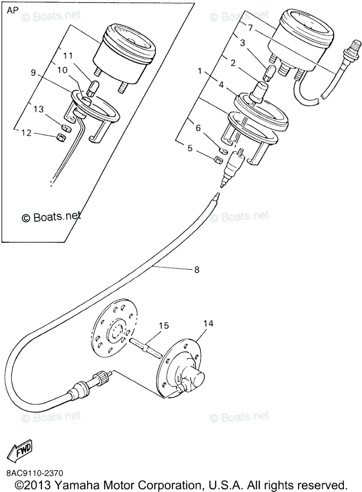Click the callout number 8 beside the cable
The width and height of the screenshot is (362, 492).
[x=197, y=269]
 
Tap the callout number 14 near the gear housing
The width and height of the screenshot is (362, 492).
[x=208, y=323]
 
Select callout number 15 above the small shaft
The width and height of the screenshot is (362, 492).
[x=164, y=326]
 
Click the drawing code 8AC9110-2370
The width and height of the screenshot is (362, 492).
[x=35, y=473]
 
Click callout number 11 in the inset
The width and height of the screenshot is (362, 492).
[x=68, y=55]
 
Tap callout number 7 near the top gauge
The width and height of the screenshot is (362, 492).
[x=250, y=27]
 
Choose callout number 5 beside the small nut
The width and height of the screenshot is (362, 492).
[x=190, y=148]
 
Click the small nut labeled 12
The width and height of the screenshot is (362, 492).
[x=60, y=137]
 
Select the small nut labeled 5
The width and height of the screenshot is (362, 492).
[x=218, y=159]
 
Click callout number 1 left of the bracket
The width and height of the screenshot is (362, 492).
[x=200, y=71]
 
